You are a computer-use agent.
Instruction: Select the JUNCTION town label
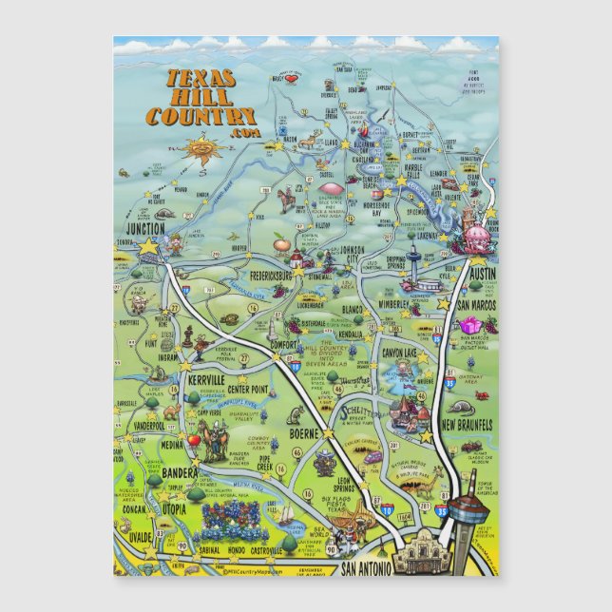148,228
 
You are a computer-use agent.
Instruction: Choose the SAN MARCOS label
474,306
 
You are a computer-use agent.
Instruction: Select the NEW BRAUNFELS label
468,422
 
